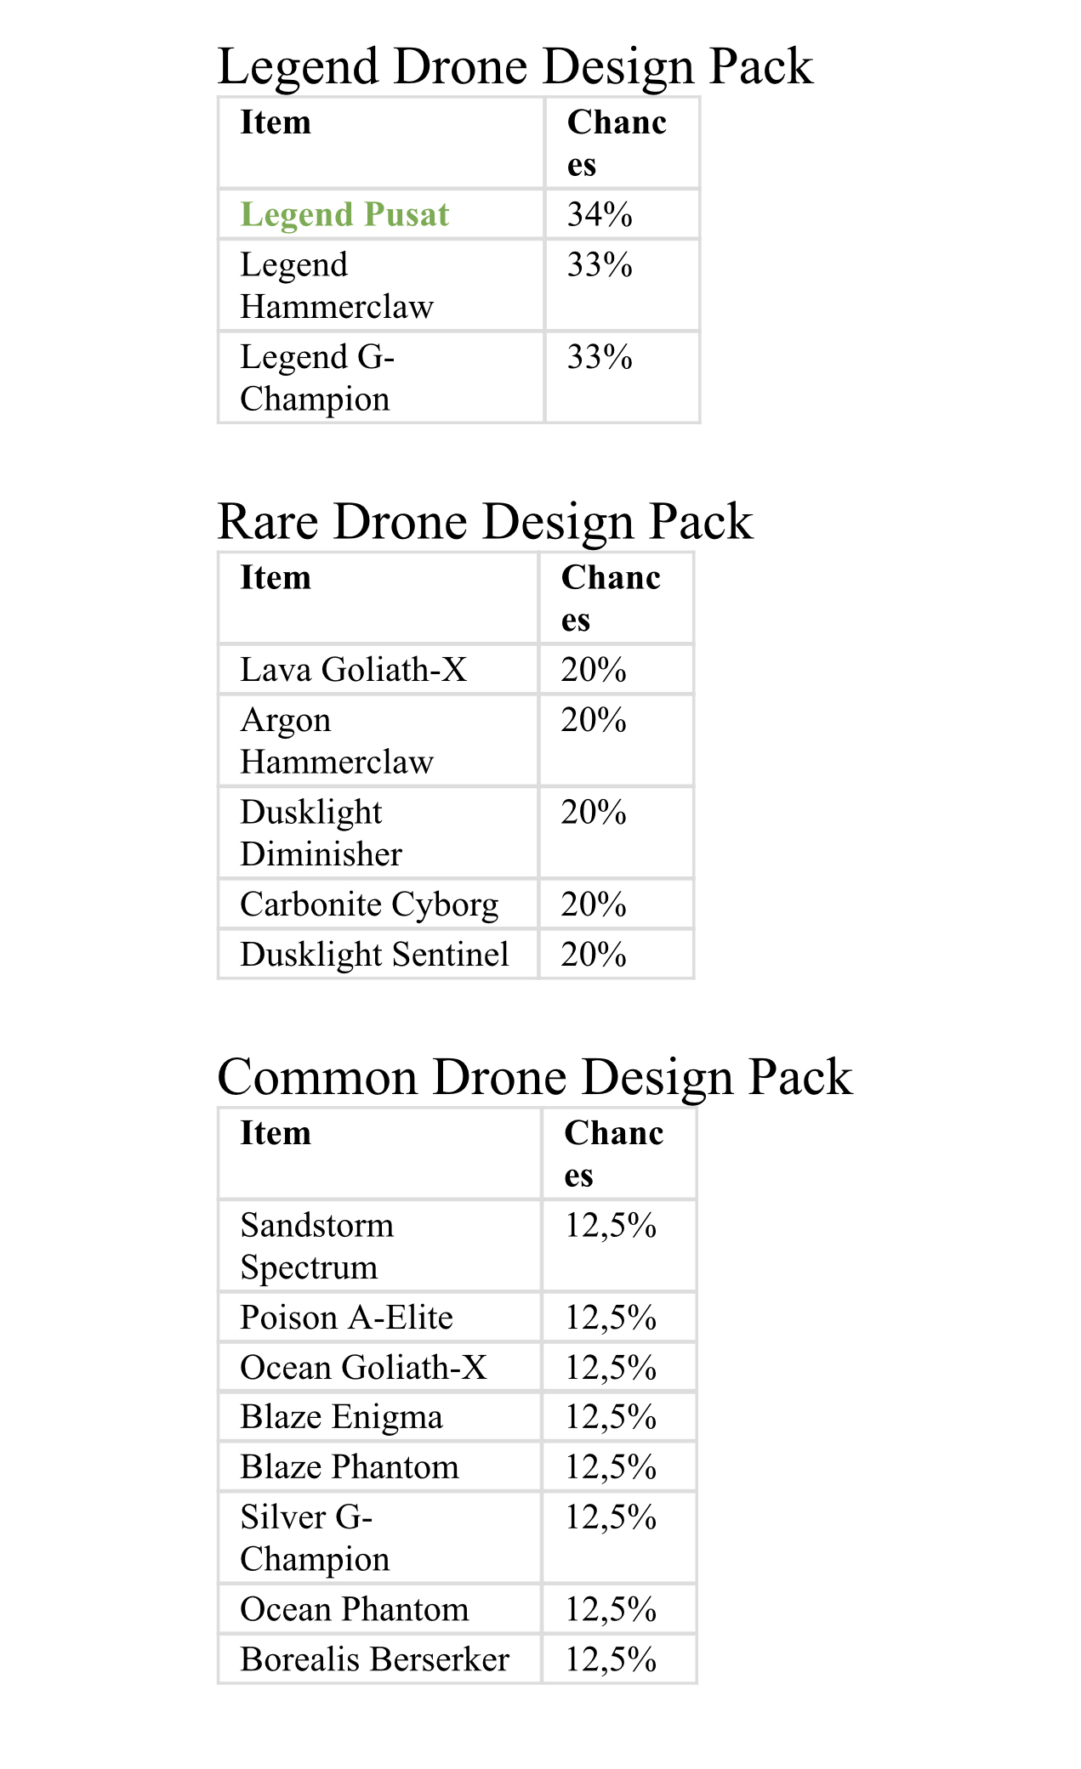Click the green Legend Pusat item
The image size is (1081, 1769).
pos(344,214)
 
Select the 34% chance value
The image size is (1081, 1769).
pos(600,214)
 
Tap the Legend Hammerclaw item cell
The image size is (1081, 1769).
pos(337,286)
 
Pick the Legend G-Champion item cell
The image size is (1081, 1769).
pos(317,377)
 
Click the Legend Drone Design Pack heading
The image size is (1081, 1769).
pos(515,66)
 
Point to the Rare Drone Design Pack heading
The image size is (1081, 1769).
pos(485,521)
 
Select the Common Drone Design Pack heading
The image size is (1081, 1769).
pos(534,1077)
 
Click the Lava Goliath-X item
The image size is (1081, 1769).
pos(354,670)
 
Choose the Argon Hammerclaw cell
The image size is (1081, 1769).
pos(337,740)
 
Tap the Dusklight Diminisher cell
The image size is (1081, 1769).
pos(321,833)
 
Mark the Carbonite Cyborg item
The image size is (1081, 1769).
pos(369,904)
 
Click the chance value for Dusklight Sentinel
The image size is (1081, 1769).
pos(594,955)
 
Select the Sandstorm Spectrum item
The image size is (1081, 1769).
pos(317,1246)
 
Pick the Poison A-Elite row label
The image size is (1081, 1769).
pos(346,1318)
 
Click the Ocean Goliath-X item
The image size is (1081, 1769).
pos(363,1368)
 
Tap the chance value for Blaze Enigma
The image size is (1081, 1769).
pos(611,1417)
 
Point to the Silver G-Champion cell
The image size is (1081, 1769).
pos(315,1538)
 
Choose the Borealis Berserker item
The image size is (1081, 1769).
pos(374,1659)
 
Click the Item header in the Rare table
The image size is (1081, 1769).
pos(276,578)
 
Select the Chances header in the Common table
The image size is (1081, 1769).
pos(613,1154)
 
